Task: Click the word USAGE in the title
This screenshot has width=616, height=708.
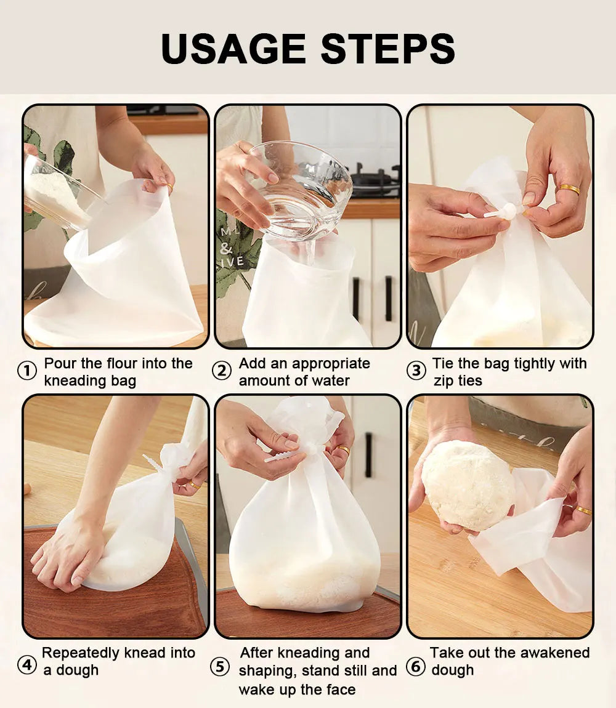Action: [233, 49]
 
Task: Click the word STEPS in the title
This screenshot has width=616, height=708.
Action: [387, 49]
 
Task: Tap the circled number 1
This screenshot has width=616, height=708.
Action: [26, 371]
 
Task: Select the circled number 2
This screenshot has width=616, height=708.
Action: [222, 371]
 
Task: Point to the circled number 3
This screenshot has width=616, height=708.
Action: [416, 371]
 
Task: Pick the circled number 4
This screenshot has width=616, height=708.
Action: [26, 665]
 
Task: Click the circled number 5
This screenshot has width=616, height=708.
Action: [220, 667]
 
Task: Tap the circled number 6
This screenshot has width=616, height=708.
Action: [416, 667]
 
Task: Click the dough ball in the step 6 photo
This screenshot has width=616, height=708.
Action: [469, 485]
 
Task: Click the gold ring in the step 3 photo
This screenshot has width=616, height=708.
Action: [569, 189]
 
